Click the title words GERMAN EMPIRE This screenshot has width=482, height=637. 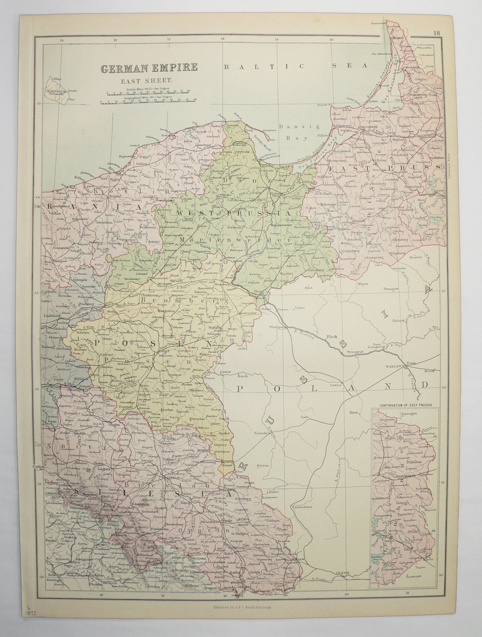tap(149, 68)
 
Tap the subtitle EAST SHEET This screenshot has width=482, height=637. tap(147, 81)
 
